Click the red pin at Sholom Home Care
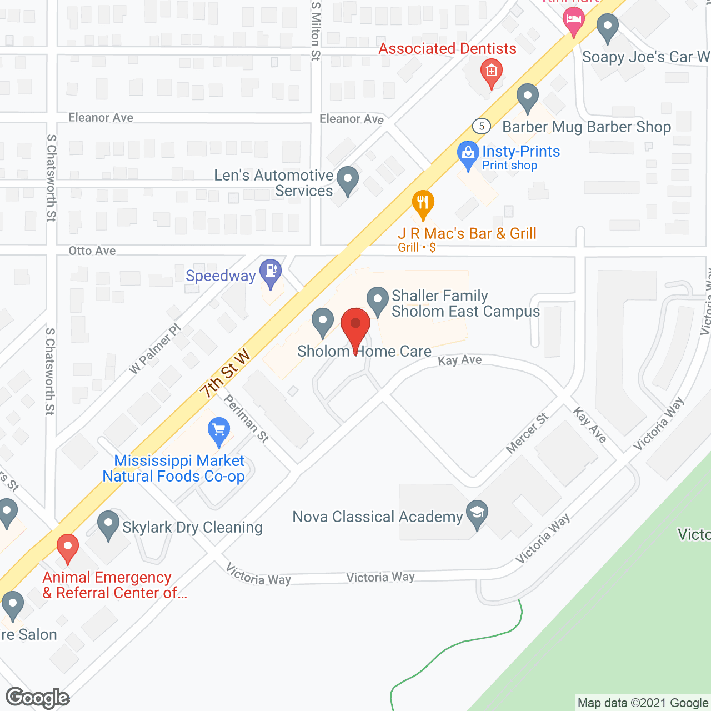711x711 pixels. coord(355,327)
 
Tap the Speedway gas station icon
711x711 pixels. coord(271,272)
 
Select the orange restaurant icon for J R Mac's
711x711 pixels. coord(423,203)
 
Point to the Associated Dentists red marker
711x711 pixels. coord(491,72)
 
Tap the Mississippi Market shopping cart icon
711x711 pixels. coord(219,430)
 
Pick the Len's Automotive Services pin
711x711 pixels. coord(348,180)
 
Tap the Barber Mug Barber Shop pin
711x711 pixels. coord(527,97)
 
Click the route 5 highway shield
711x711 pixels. coord(482,126)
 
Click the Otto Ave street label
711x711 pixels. coord(92,251)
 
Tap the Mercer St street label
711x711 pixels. coord(527,433)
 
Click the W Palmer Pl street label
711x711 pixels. coord(155,349)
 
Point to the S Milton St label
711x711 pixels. coord(316,31)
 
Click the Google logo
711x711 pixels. coord(38,698)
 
